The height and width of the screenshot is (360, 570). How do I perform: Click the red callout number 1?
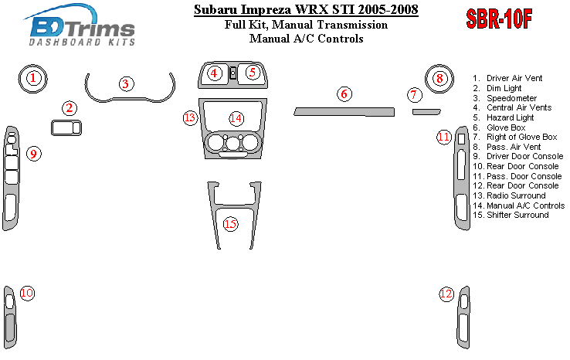tap(33, 78)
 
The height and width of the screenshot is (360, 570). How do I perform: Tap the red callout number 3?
tap(126, 84)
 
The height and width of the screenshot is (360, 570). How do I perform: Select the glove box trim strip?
tap(344, 112)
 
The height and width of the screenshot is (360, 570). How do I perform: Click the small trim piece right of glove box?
tap(426, 112)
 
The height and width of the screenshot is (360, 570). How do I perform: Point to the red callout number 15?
tap(230, 223)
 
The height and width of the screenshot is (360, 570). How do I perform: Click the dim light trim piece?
tap(66, 127)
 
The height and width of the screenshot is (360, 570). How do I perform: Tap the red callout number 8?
tap(439, 78)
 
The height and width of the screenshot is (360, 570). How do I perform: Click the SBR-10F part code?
tap(499, 19)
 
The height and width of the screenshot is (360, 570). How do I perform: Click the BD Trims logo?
tap(81, 25)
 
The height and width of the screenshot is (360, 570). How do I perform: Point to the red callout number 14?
tap(236, 118)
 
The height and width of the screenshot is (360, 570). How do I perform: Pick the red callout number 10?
tap(27, 293)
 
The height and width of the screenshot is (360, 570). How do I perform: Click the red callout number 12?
tap(446, 294)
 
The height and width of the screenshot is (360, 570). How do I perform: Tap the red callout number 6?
tap(344, 94)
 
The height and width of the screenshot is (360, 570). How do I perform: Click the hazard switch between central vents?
tap(233, 73)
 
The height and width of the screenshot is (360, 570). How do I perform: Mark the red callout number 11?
tap(444, 137)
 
